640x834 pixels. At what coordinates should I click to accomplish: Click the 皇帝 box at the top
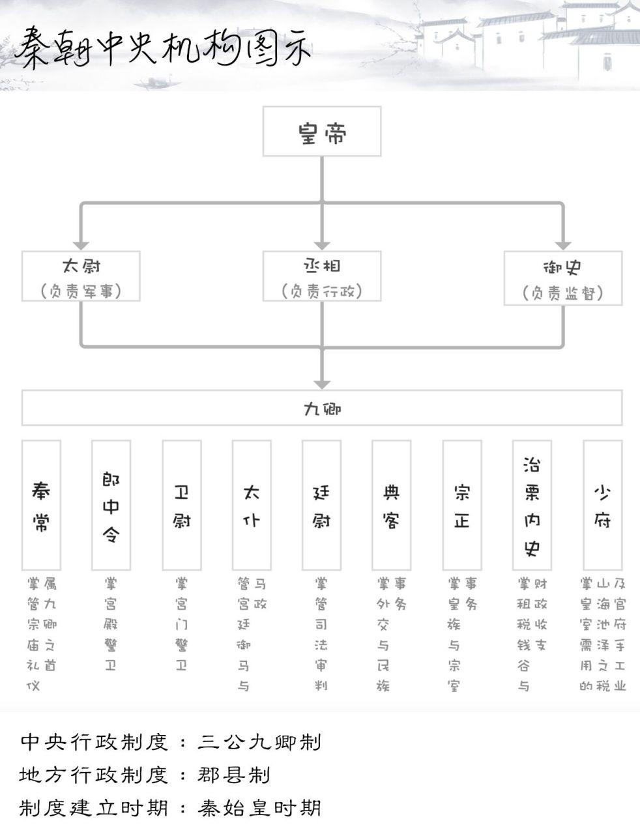322,132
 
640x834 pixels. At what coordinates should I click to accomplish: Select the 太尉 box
81,276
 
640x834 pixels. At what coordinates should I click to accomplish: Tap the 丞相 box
322,276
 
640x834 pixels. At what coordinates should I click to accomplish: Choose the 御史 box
563,278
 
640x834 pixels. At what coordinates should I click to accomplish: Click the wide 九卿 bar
322,408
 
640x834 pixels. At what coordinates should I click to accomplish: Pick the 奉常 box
41,505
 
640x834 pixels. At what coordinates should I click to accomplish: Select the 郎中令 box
111,505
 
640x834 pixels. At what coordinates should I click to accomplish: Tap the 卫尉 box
181,505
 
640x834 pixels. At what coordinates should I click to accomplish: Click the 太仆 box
252,505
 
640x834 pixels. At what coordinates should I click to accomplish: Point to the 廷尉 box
321,505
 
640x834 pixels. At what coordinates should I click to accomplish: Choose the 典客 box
391,505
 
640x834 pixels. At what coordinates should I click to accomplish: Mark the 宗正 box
461,505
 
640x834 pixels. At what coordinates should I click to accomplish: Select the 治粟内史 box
532,505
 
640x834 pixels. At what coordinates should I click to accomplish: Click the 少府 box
602,505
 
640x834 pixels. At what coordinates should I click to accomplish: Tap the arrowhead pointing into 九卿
322,383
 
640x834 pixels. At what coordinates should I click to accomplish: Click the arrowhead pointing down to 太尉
81,244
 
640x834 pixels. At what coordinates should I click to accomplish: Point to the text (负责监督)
563,293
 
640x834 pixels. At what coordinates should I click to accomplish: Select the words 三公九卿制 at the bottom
259,742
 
